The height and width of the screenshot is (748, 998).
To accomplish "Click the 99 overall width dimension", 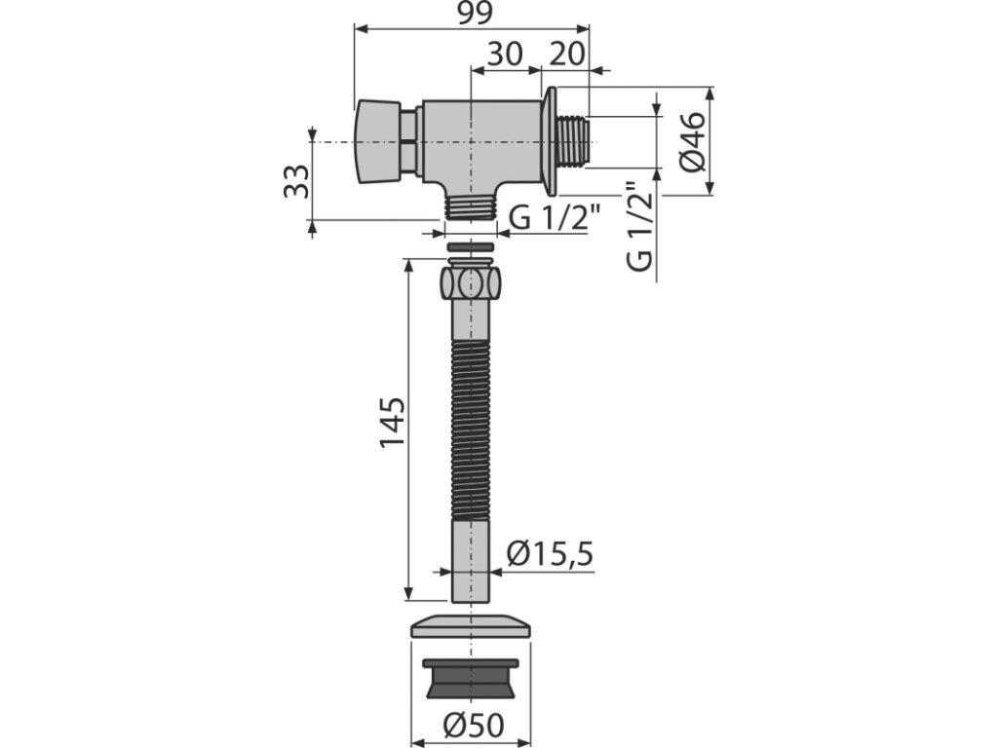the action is [x=475, y=14].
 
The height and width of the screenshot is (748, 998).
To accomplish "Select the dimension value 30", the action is [x=505, y=55].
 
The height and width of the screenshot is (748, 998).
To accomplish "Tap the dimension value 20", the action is [x=566, y=55].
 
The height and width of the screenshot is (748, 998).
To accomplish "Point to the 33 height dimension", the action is [x=296, y=181].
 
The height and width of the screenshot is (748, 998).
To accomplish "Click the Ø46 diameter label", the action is [x=694, y=141].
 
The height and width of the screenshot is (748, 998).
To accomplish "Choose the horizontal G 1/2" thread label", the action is [x=556, y=218].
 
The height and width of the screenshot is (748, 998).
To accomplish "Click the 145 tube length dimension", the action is [x=392, y=423].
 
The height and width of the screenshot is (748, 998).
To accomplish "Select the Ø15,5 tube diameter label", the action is [x=550, y=553].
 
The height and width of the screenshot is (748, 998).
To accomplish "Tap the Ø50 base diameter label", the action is [x=475, y=725].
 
